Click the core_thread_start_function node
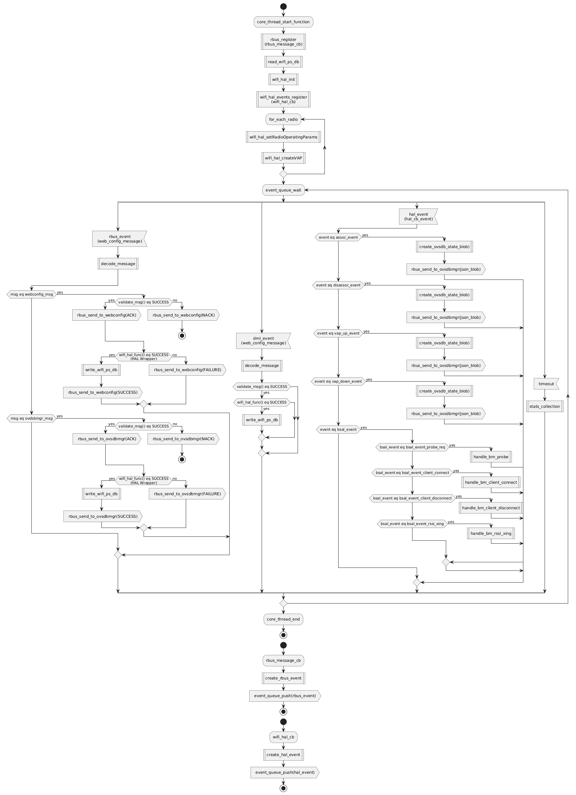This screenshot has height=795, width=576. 283,22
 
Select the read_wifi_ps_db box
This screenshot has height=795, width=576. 283,62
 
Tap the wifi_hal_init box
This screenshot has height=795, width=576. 283,79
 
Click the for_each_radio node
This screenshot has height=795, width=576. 283,119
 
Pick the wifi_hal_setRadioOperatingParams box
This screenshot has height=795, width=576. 283,137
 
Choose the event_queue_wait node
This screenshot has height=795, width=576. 283,190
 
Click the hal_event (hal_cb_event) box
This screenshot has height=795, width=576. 418,217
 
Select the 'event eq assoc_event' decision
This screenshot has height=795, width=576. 338,237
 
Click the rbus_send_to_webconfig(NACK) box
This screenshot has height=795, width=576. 183,315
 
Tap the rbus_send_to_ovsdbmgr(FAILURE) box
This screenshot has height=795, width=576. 187,494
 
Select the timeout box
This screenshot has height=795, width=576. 546,384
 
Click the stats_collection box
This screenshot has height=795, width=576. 545,406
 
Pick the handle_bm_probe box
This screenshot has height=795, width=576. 491,457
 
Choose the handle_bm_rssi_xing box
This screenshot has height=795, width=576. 491,533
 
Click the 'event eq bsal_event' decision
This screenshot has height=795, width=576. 338,429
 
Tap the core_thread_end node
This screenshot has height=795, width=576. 283,619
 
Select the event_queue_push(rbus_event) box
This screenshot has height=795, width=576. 285,696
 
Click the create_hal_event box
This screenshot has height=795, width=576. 283,755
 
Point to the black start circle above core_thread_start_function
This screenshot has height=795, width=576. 283,6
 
